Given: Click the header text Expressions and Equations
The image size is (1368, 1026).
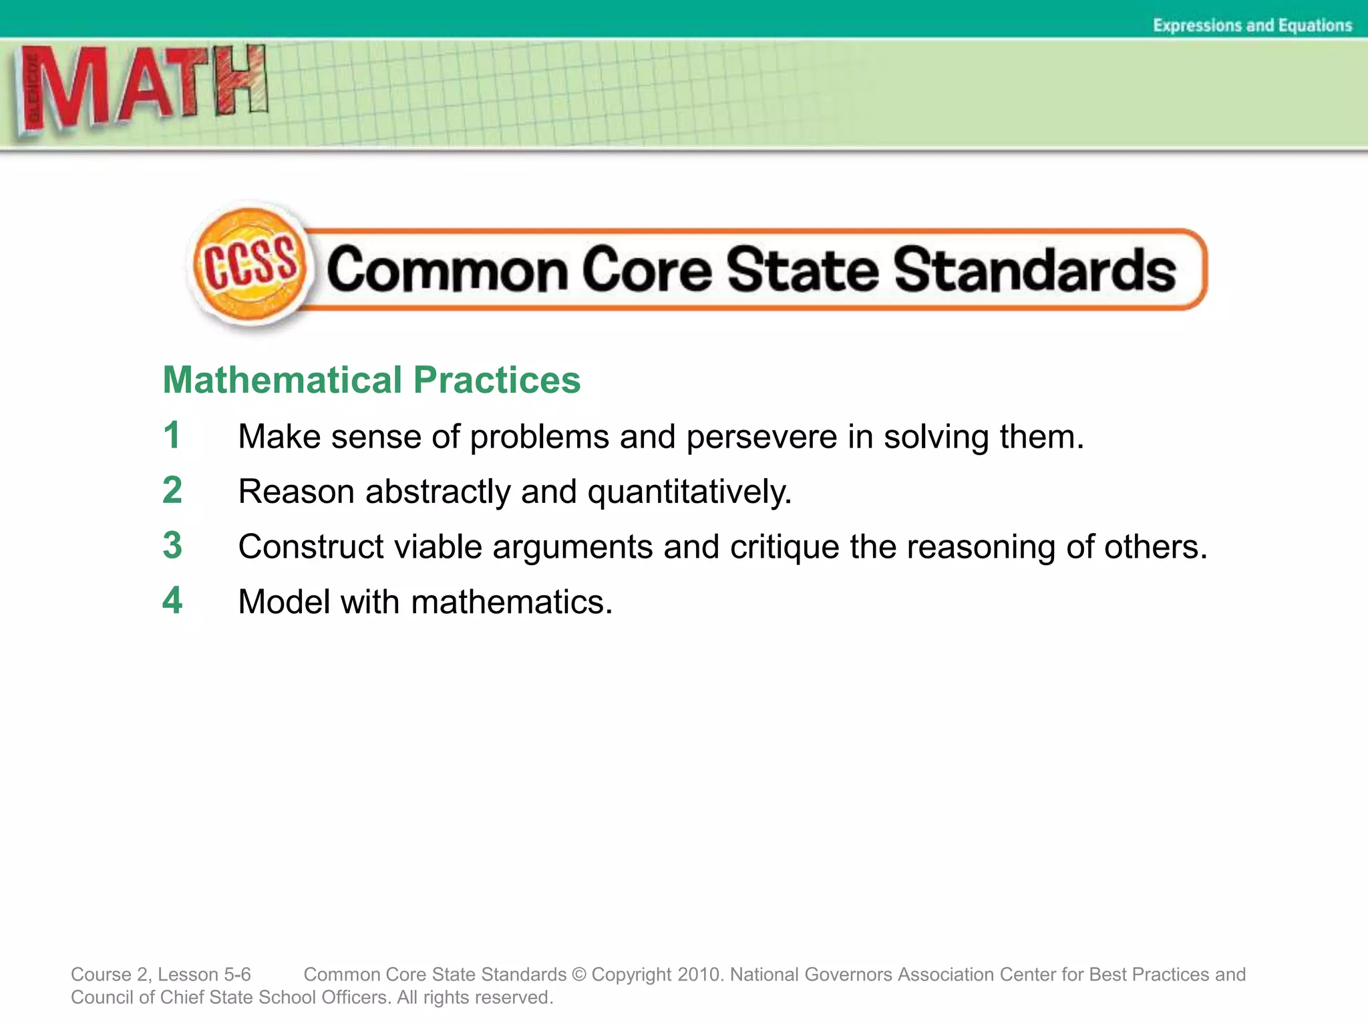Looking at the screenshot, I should point(1252,25).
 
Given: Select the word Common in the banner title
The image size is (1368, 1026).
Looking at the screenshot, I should point(448,270).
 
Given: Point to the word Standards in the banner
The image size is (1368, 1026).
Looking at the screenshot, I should point(1035,270).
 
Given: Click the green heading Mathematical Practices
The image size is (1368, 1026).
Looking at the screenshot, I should point(371,380).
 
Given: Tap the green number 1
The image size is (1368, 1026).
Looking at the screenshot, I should point(172,436).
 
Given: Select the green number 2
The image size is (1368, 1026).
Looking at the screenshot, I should point(172,490).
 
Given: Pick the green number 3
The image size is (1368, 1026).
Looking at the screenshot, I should point(172,545).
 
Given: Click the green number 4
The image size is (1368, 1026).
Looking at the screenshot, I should point(172,600).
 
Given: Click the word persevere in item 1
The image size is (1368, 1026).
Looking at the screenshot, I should point(761,438).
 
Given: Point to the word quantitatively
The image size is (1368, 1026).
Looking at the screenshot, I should point(689,493).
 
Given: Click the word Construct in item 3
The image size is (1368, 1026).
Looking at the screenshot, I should point(311,547).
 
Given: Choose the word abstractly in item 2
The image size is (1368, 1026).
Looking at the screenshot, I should point(438,492).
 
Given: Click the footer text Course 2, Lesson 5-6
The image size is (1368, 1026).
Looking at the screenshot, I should point(161,975).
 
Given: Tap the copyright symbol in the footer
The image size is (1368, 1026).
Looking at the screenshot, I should point(579,975).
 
